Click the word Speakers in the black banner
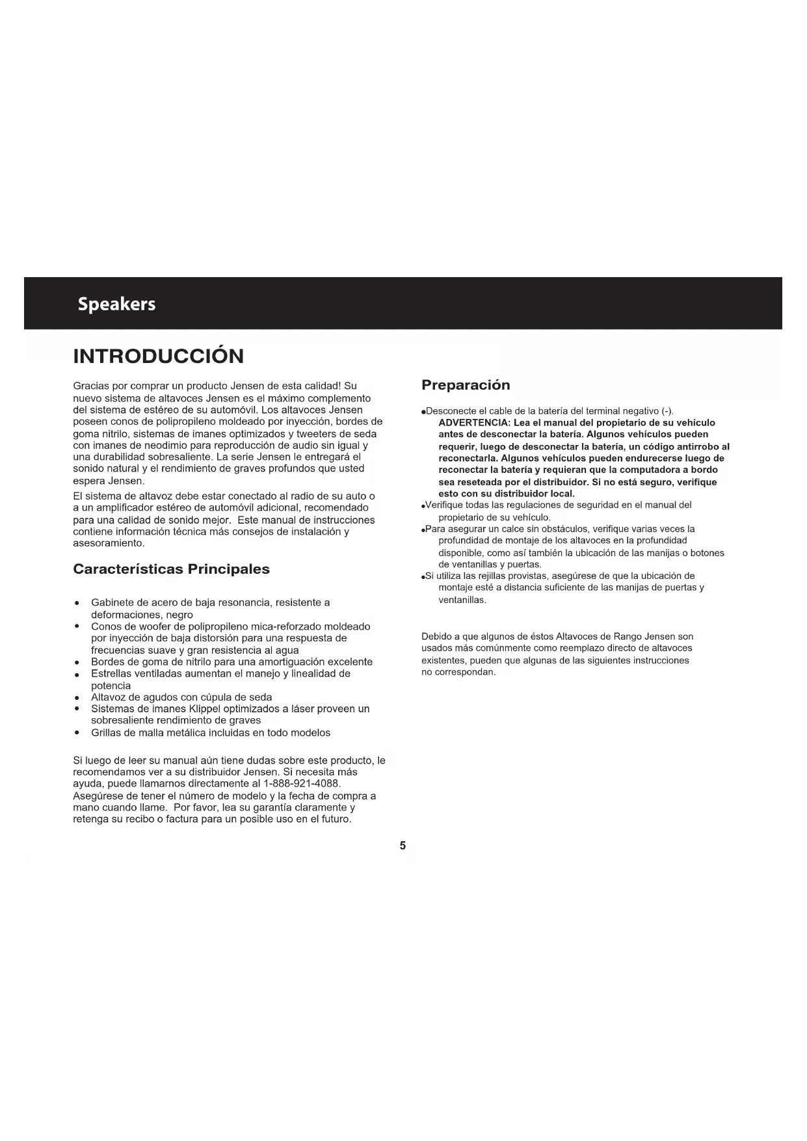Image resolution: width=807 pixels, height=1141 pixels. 116,304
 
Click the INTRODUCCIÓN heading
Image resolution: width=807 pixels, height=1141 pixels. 159,356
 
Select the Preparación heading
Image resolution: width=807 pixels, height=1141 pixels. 466,385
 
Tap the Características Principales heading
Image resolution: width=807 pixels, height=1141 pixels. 171,569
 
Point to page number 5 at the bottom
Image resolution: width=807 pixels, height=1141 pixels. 403,846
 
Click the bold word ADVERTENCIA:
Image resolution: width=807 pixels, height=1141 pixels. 474,423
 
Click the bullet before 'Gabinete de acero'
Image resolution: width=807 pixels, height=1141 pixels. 77,603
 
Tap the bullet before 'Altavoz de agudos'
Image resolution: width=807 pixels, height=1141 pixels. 77,697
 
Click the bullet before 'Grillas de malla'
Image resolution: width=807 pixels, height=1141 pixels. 77,733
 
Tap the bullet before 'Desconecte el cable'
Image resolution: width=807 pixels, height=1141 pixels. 423,412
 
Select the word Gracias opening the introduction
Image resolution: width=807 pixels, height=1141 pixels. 91,386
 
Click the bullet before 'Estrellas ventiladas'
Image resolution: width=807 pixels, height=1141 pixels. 77,674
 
